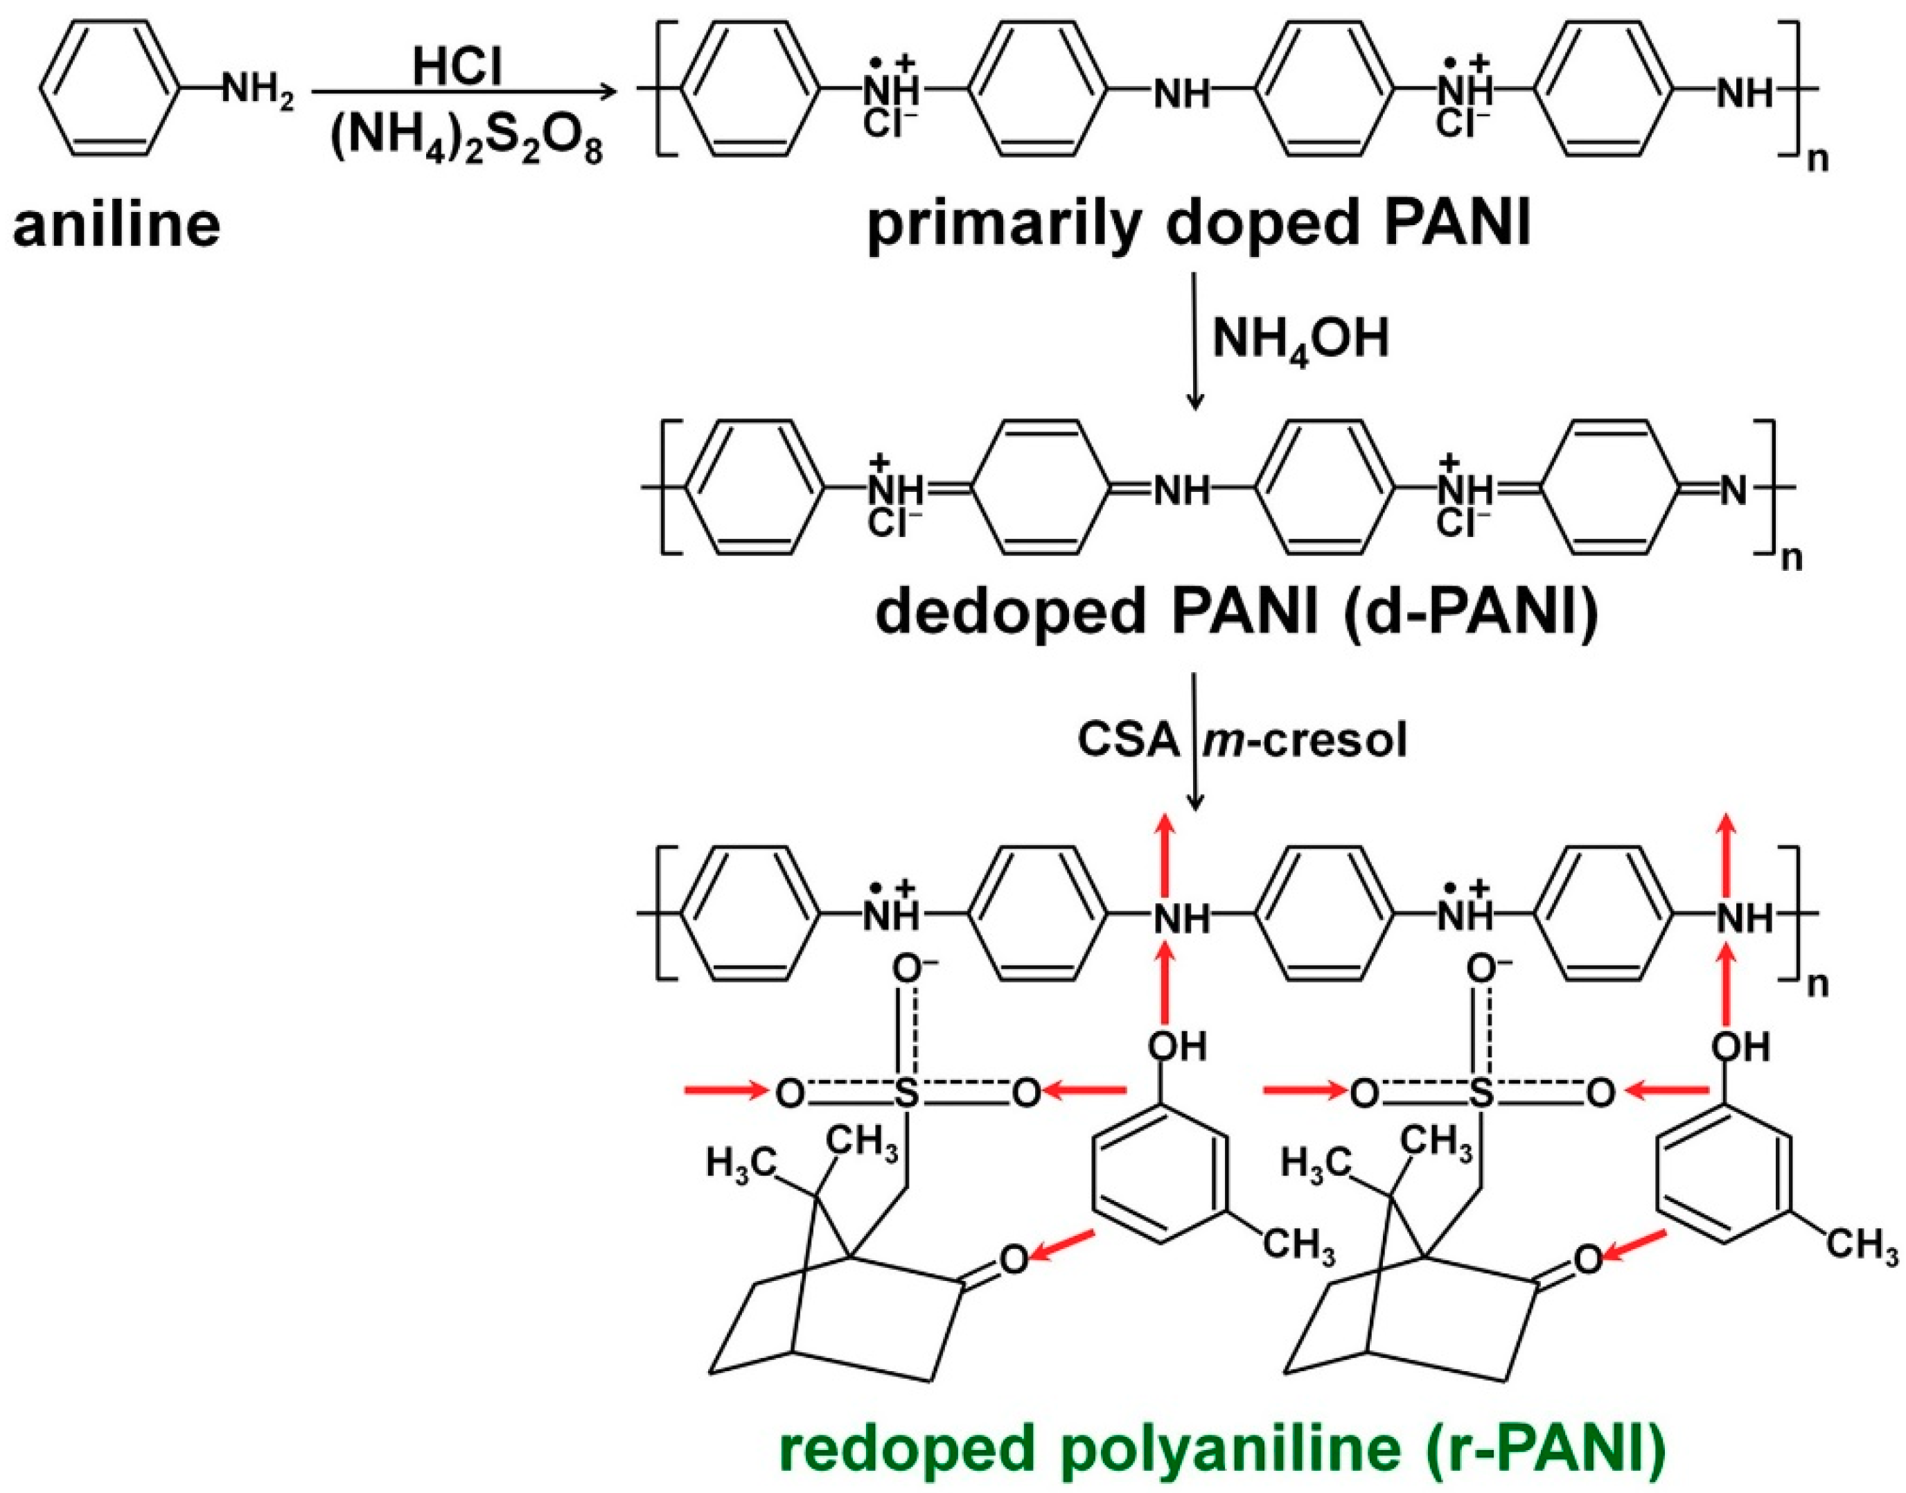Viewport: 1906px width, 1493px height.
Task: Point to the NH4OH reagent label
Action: click(x=1300, y=340)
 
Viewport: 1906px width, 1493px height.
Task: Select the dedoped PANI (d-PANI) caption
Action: click(x=1236, y=614)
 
